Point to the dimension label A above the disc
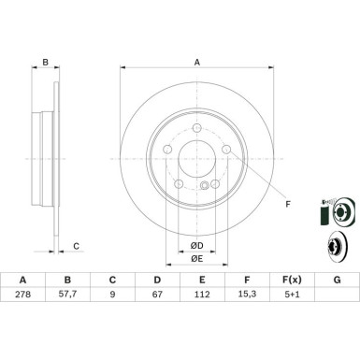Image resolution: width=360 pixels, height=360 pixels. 197,63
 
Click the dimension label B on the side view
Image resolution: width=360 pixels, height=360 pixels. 44,64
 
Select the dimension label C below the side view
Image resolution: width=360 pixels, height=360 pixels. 77,247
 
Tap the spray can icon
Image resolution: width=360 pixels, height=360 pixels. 324,214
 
